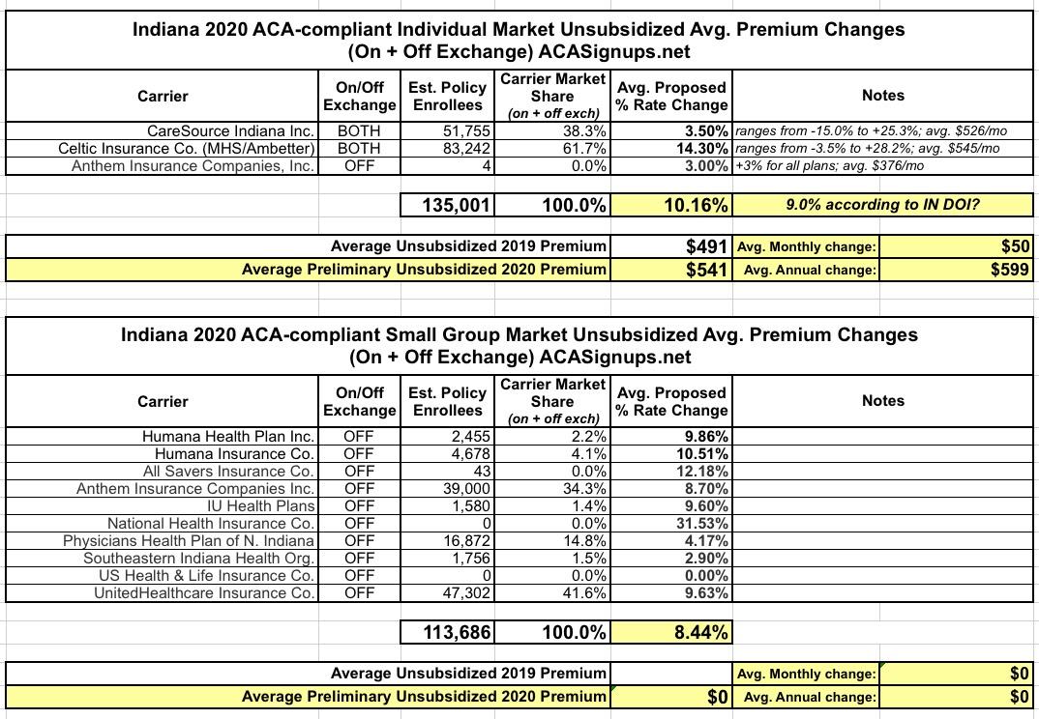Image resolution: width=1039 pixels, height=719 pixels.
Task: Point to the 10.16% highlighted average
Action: [x=691, y=205]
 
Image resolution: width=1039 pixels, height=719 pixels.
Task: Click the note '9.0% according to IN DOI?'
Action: [x=883, y=205]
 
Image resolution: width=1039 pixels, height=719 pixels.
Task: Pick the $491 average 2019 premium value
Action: [x=707, y=246]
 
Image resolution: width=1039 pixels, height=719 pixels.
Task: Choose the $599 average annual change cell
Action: [x=1010, y=270]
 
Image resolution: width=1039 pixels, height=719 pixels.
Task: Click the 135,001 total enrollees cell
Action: [x=457, y=205]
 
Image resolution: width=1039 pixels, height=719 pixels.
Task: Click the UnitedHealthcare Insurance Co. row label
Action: [x=203, y=592]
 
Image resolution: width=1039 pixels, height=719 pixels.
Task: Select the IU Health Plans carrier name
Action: [x=260, y=505]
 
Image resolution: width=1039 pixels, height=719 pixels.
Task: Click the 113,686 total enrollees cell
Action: [x=457, y=633]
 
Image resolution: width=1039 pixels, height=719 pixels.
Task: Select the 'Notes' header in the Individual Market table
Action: [x=882, y=95]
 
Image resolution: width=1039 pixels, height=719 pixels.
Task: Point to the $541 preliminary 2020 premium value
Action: [x=707, y=270]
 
